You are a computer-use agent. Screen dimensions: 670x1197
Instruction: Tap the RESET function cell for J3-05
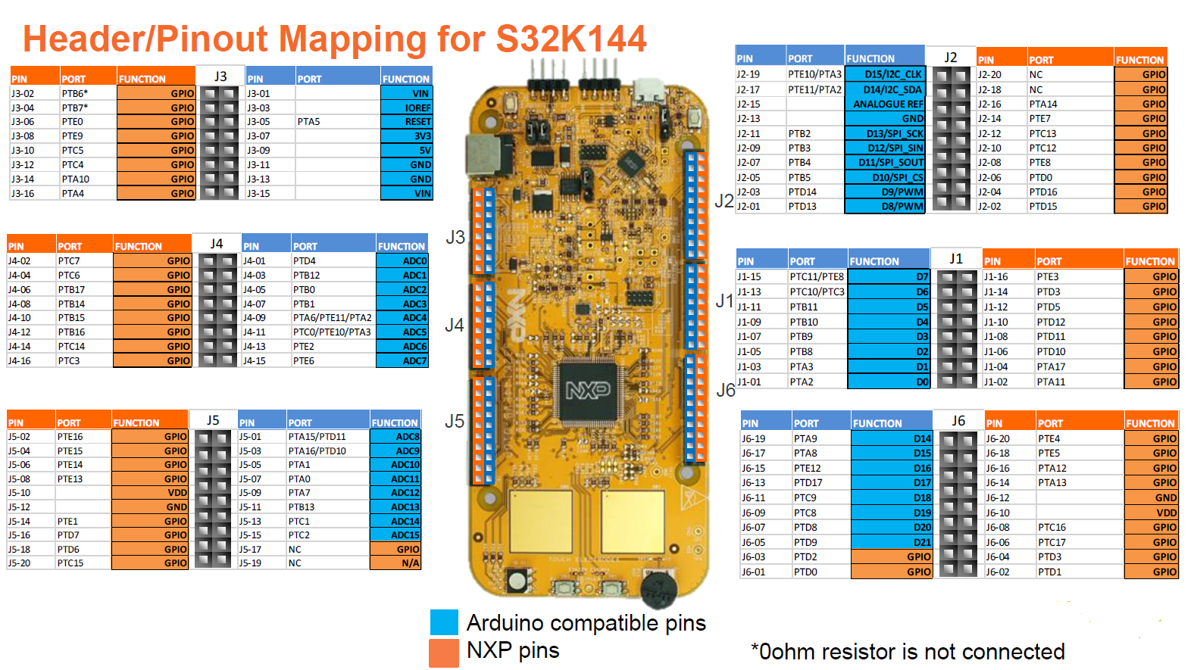click(x=406, y=121)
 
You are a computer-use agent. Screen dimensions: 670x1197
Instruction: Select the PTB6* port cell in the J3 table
click(x=87, y=93)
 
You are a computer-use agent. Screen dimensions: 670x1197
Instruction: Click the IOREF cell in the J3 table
click(x=406, y=108)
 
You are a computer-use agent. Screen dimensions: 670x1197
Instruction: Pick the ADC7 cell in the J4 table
click(x=403, y=360)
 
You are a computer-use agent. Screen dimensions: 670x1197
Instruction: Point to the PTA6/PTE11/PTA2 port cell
click(x=332, y=318)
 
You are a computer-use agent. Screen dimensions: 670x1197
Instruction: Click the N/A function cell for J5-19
click(x=396, y=562)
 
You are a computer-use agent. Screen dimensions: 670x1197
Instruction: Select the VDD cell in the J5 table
click(x=150, y=493)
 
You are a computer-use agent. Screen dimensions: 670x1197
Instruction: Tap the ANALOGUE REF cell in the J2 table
click(x=885, y=104)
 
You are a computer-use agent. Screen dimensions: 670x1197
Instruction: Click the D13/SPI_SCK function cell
click(x=885, y=133)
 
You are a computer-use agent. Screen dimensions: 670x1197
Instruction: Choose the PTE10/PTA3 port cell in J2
click(x=814, y=74)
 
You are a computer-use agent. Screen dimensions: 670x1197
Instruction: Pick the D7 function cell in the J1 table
click(x=889, y=276)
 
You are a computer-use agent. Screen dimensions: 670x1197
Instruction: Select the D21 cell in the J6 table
click(x=892, y=542)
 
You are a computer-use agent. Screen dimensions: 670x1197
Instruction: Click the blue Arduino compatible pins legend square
click(x=444, y=622)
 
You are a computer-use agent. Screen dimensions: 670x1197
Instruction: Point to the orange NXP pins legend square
click(x=444, y=652)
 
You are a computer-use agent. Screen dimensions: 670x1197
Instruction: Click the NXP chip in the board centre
click(x=589, y=391)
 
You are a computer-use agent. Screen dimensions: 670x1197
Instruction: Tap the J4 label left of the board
click(x=455, y=326)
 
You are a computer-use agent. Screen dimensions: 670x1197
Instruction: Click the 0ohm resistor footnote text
click(x=908, y=652)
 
